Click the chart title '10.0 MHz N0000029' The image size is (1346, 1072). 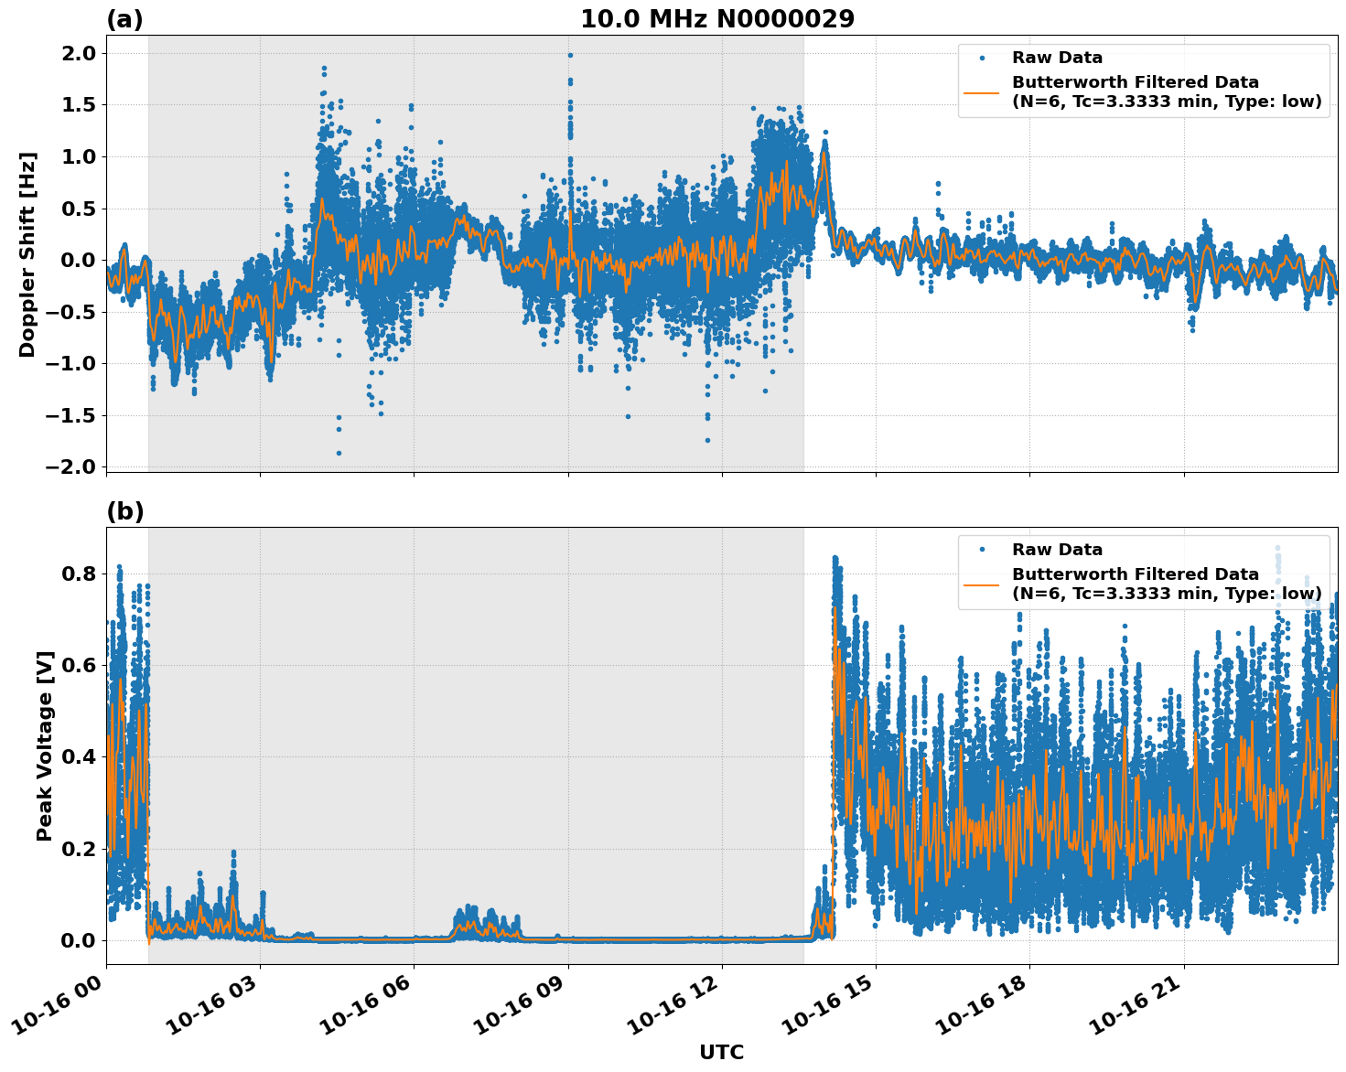[717, 19]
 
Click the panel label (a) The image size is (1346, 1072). [124, 19]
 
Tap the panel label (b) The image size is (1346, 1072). [124, 511]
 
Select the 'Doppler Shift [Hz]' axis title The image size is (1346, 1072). [27, 254]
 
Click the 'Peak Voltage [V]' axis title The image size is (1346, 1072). [45, 745]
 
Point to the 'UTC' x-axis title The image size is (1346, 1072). [721, 1052]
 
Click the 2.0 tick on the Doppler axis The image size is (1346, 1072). [74, 53]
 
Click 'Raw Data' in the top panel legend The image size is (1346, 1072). [1057, 58]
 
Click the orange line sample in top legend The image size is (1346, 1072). [982, 92]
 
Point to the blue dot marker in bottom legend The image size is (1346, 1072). [982, 550]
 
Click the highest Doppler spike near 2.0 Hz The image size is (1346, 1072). [570, 55]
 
